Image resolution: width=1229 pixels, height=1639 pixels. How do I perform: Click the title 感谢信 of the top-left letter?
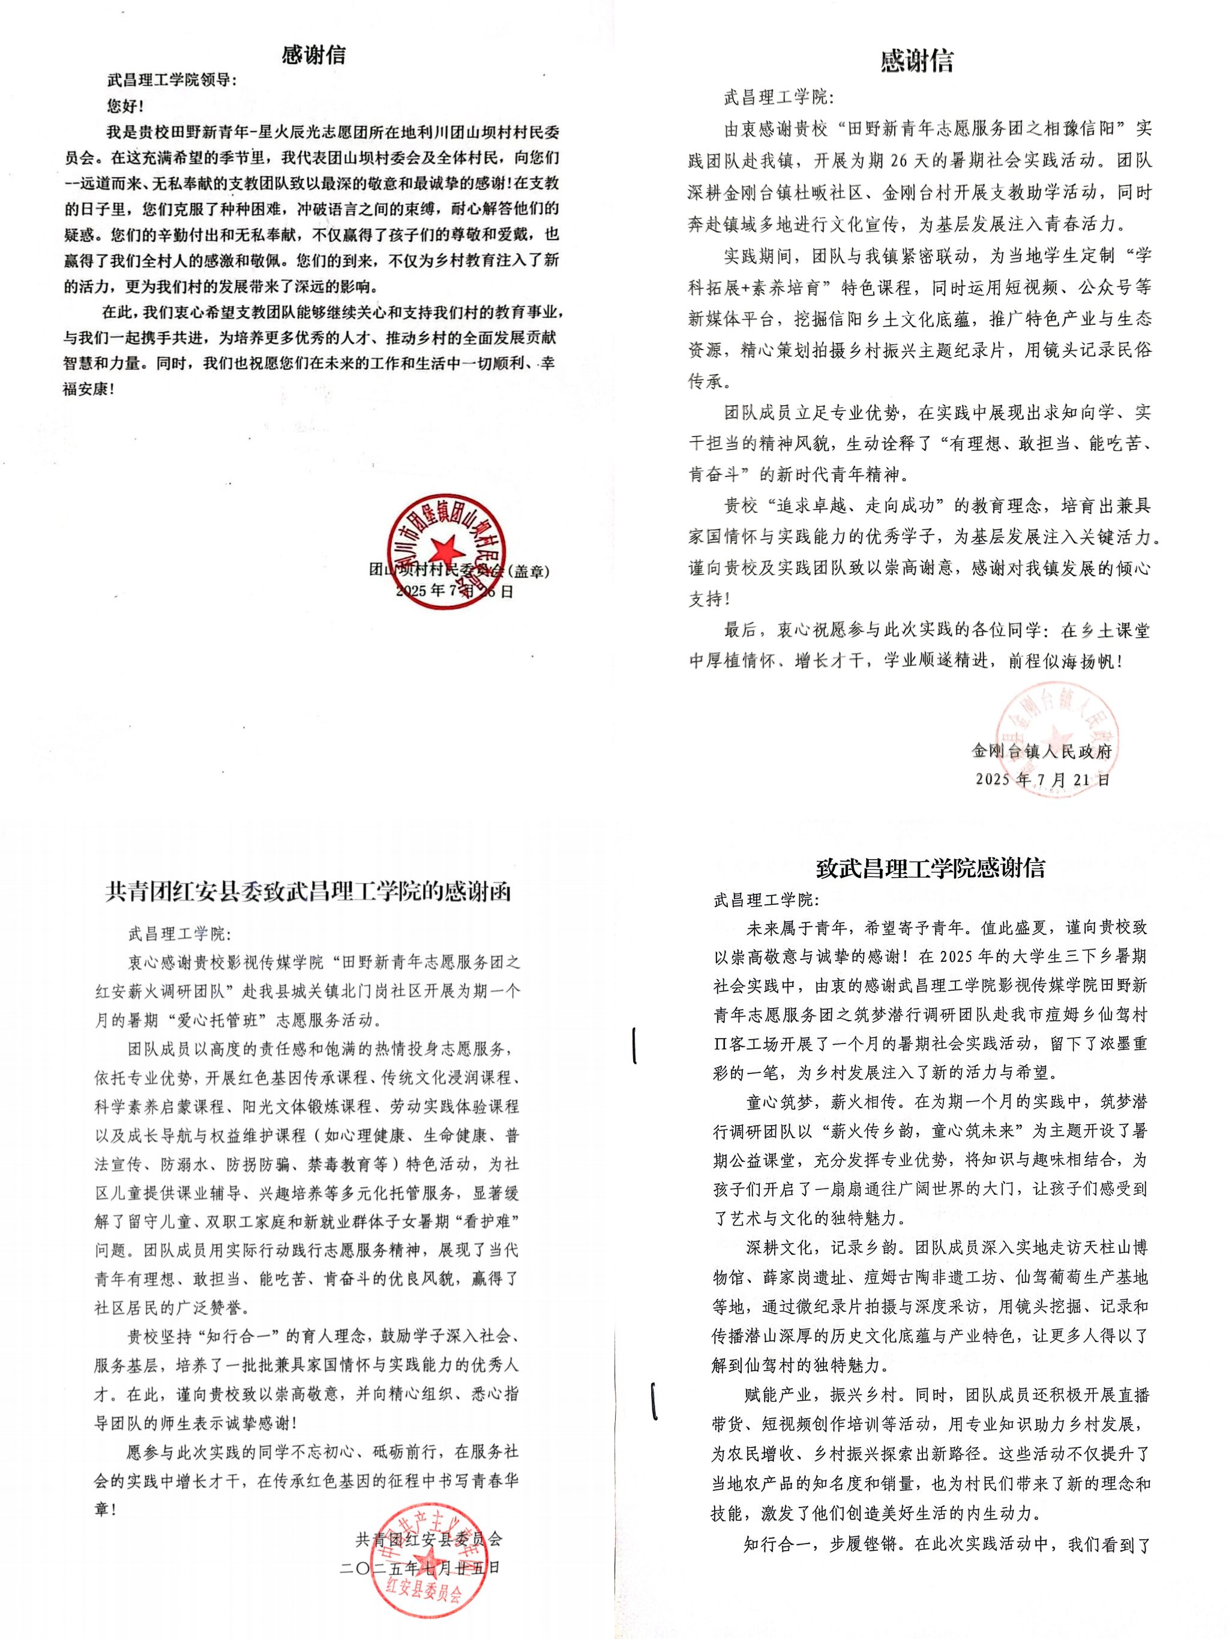(313, 56)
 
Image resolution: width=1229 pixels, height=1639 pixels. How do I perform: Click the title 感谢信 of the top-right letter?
(916, 61)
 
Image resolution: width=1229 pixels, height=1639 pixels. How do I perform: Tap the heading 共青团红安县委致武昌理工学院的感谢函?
(308, 892)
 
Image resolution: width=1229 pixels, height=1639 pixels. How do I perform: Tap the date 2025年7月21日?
(1042, 779)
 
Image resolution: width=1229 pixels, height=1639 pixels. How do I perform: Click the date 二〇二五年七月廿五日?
(420, 1568)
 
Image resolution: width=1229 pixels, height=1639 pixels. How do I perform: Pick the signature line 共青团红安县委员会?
(428, 1540)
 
